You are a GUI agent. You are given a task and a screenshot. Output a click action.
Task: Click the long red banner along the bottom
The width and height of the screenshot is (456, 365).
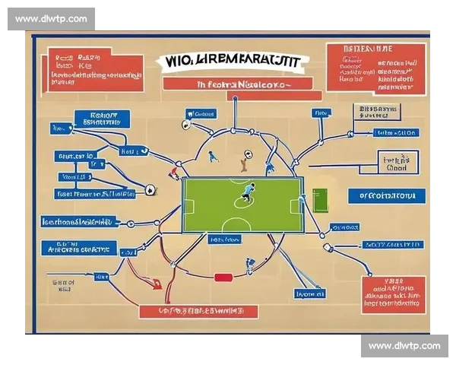(x=198, y=311)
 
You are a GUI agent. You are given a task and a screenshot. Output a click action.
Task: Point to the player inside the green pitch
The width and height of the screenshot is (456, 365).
(x=249, y=192)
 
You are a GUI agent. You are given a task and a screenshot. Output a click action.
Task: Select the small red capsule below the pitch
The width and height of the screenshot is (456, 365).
(x=223, y=277)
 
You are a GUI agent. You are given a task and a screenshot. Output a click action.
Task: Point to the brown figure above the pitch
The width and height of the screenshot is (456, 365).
(x=244, y=161)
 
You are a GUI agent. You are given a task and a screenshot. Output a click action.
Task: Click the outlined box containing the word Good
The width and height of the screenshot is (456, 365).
(x=397, y=164)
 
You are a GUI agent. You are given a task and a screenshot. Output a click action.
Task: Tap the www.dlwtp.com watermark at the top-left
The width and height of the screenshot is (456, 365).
(x=52, y=19)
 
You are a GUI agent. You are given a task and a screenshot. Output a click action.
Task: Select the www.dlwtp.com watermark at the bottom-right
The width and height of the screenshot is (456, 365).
(x=404, y=345)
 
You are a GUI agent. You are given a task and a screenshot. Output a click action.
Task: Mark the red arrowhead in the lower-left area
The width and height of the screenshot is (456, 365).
(x=157, y=286)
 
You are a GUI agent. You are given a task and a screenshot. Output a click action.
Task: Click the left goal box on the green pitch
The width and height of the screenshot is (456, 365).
(x=188, y=205)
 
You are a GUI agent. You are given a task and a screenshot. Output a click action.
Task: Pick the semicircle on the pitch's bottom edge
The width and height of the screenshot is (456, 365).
(x=243, y=228)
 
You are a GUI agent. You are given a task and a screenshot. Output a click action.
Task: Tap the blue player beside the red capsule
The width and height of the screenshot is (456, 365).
(x=249, y=266)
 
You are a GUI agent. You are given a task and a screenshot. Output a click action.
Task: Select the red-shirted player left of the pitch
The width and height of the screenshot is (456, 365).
(x=174, y=174)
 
